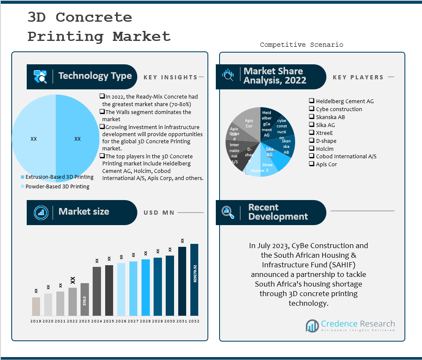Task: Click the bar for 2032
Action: point(194,280)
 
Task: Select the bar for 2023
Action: point(85,299)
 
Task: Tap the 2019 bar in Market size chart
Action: point(36,306)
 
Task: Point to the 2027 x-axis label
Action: point(134,321)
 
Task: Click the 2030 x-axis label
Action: point(170,321)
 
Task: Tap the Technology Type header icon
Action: point(40,76)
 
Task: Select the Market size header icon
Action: point(41,212)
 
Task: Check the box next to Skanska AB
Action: point(311,117)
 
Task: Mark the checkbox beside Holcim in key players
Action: point(311,148)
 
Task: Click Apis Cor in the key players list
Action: point(326,164)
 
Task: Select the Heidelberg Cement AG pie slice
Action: point(267,124)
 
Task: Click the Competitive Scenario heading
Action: point(301,45)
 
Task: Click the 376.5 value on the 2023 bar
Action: point(85,301)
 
